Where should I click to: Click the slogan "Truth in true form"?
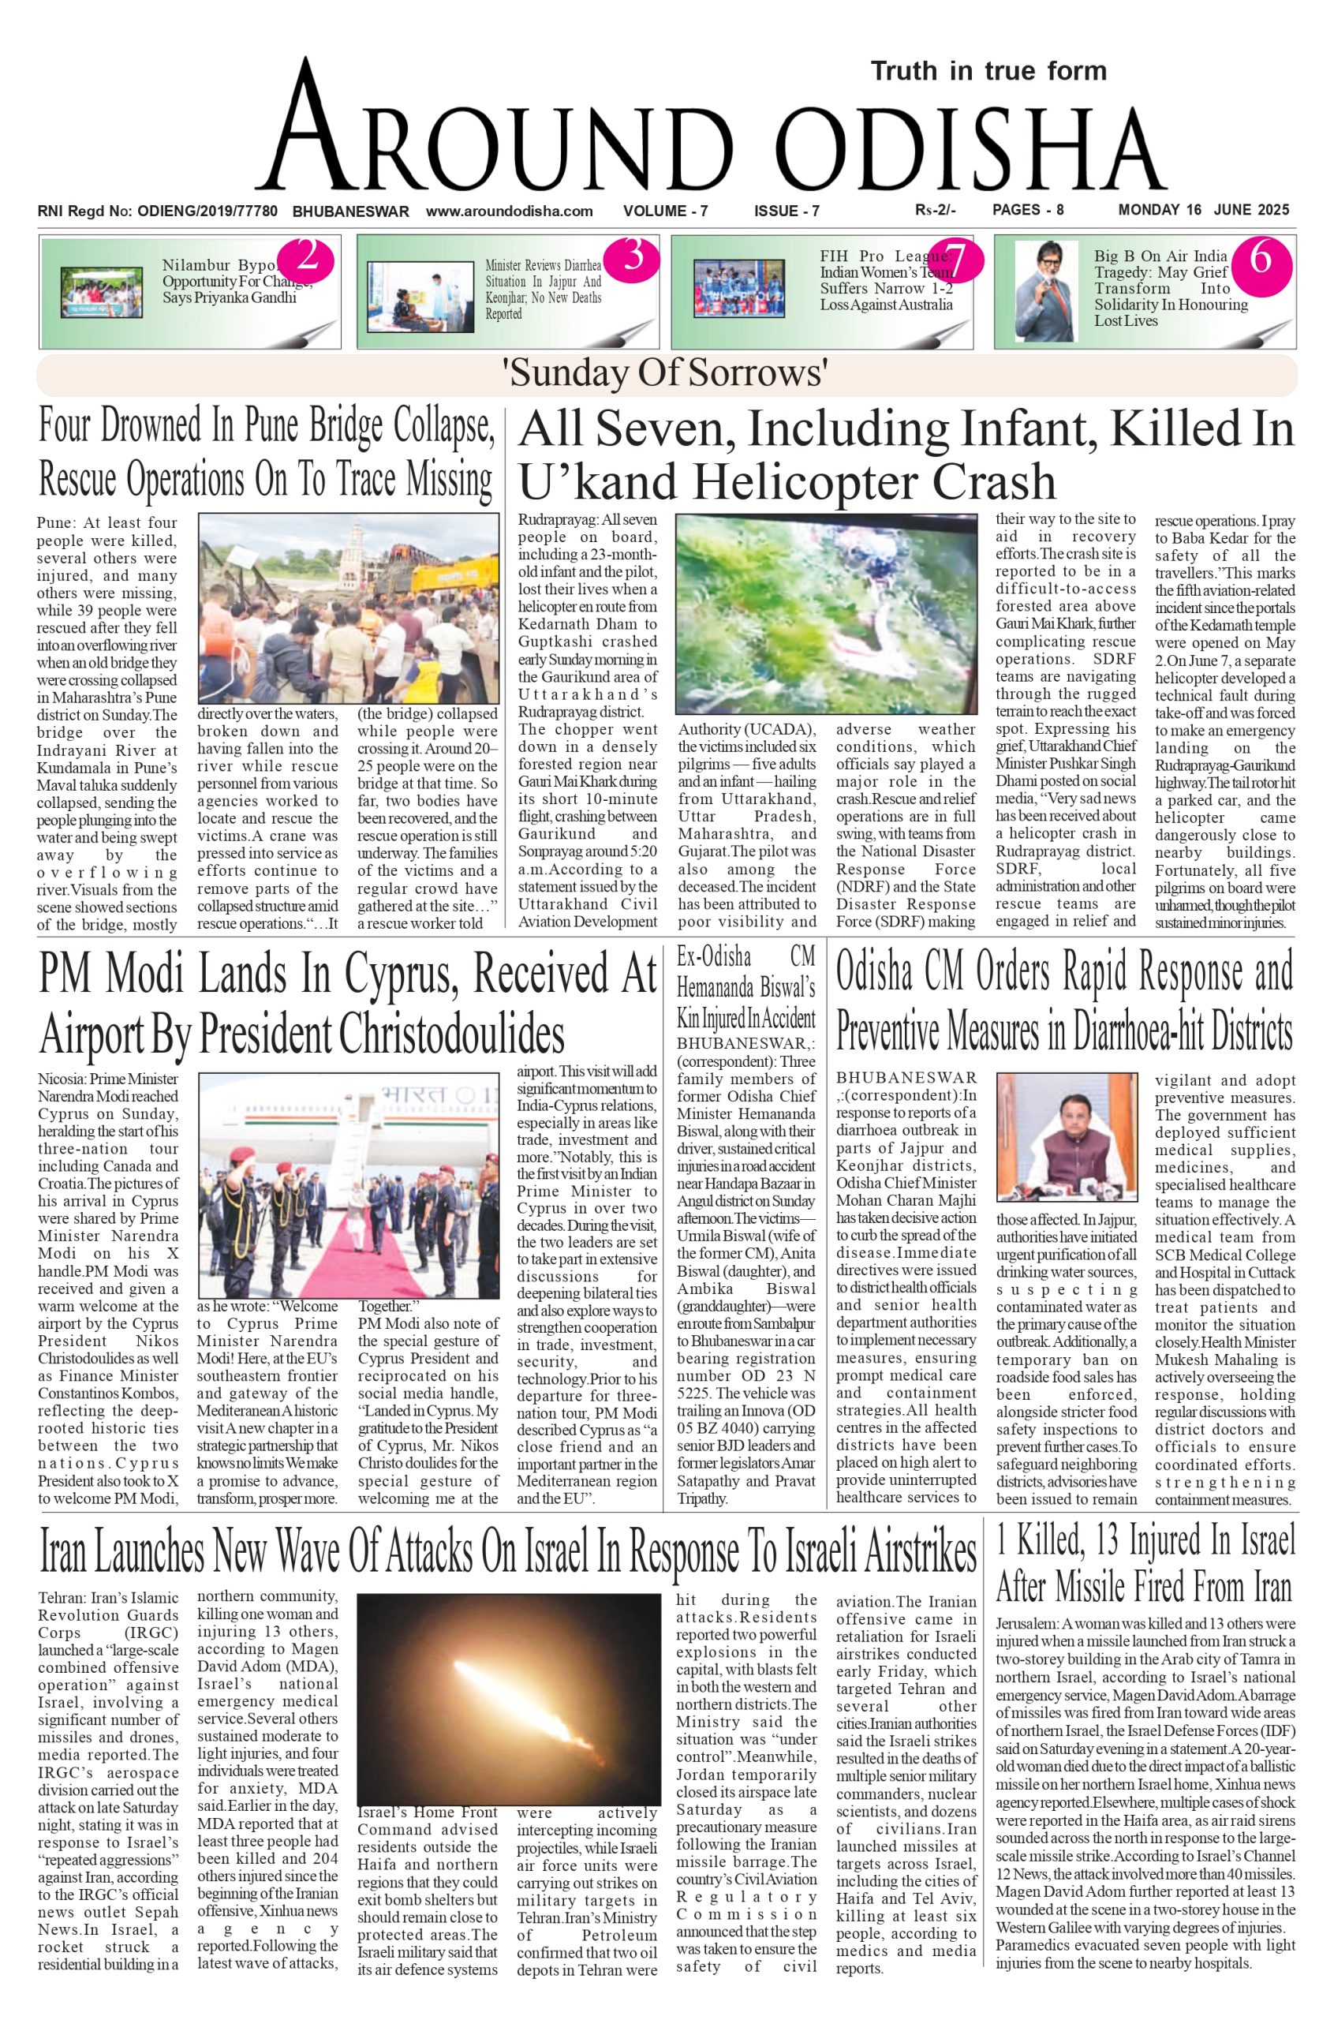coord(988,71)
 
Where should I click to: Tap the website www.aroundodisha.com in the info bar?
coord(509,211)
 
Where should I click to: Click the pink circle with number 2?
coord(307,256)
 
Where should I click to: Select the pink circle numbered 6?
coord(1259,257)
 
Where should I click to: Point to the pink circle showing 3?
coord(633,256)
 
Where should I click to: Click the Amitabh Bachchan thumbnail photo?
coord(1044,291)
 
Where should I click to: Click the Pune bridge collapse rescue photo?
coord(348,608)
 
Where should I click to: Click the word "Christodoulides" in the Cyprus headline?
coord(451,1034)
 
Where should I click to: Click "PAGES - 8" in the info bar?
coord(1028,210)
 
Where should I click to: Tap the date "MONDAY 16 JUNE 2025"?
coord(1203,210)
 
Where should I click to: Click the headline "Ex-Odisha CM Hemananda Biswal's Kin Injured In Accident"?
coord(745,987)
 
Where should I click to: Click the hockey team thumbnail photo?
coord(738,290)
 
